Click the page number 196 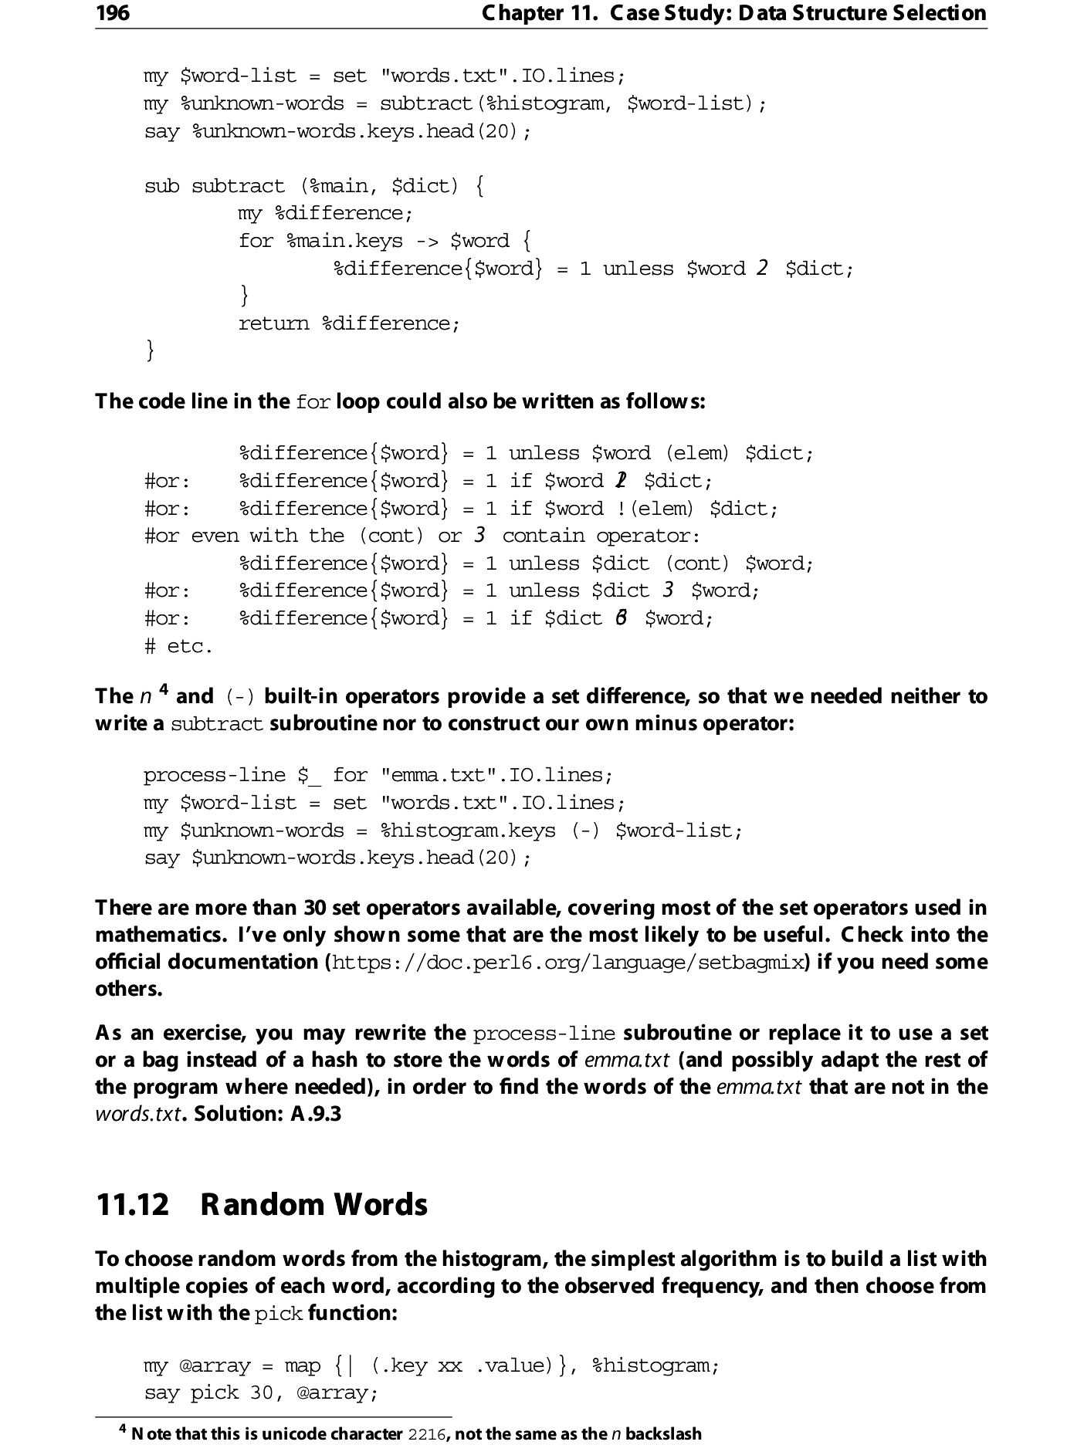(x=113, y=13)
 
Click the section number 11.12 (x=132, y=1205)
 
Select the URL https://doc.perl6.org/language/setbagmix (x=567, y=963)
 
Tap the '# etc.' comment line (x=178, y=646)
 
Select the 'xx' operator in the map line (x=450, y=1365)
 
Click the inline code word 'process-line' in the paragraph (x=544, y=1034)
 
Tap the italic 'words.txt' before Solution (x=137, y=1114)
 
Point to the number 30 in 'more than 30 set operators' (x=316, y=908)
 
